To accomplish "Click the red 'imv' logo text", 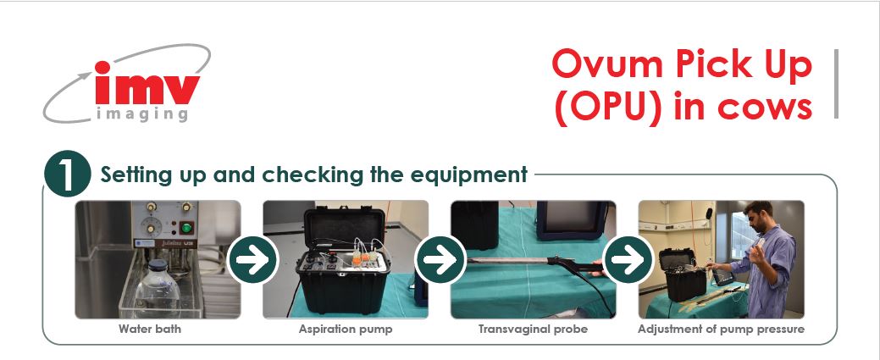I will point(147,87).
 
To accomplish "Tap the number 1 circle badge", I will point(68,175).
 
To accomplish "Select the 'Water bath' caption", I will point(150,329).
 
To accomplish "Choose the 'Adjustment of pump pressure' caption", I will point(721,329).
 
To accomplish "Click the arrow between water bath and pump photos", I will point(252,259).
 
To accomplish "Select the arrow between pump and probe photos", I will point(440,259).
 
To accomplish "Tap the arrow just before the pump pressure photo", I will point(628,259).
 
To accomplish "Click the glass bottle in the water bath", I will point(162,284).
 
